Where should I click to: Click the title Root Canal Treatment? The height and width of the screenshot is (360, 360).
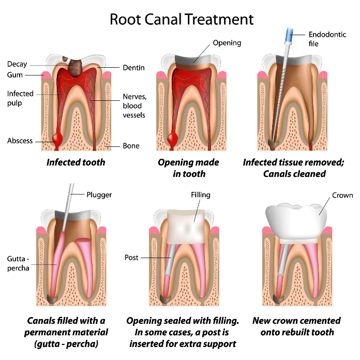click(x=182, y=20)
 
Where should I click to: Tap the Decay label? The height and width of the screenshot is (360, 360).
click(x=17, y=65)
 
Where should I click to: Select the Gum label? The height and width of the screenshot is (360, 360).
click(x=15, y=75)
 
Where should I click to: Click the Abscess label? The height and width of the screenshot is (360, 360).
click(x=20, y=141)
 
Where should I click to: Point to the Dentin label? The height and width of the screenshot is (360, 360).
click(x=133, y=68)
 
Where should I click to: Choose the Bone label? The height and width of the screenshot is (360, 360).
click(x=131, y=146)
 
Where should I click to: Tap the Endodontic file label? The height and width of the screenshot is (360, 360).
click(x=327, y=39)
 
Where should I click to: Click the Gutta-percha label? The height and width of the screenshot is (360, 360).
click(x=18, y=263)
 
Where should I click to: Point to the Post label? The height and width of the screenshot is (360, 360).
click(x=131, y=257)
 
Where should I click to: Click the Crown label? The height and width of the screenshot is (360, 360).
click(x=343, y=195)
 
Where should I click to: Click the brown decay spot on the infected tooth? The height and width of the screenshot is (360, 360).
click(x=76, y=65)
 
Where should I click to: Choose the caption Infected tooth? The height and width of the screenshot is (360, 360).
click(x=76, y=162)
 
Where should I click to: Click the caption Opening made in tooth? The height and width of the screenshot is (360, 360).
click(x=188, y=168)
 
